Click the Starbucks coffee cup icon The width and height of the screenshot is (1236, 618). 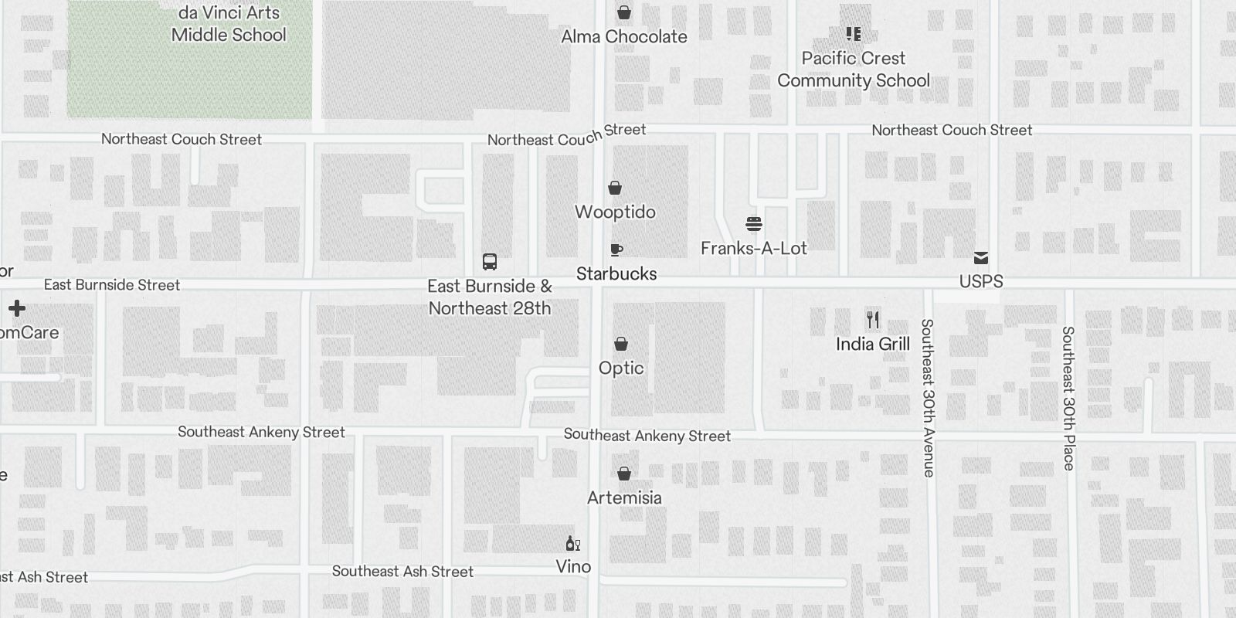tap(616, 250)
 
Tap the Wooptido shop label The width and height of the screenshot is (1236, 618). tap(615, 212)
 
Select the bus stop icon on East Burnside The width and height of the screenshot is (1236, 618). tap(489, 262)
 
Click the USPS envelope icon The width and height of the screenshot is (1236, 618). tap(981, 258)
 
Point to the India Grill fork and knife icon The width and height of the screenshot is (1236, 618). tap(873, 320)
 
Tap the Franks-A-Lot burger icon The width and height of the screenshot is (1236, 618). tap(754, 225)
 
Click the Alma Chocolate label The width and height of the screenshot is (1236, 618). tap(624, 36)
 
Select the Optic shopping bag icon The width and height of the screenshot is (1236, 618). tap(621, 344)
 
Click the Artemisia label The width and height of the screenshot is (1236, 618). tap(624, 497)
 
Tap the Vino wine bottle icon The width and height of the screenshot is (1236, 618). tap(572, 544)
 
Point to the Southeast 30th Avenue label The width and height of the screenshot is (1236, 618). tap(928, 398)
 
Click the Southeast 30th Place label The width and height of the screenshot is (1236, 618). tap(1068, 398)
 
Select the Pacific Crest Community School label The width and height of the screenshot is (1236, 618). tap(854, 70)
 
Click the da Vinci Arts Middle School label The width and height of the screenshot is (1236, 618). tap(229, 24)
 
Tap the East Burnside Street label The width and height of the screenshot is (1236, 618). tap(112, 285)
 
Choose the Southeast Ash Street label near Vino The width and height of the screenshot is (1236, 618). tap(402, 572)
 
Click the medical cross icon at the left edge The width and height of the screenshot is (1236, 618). tap(17, 309)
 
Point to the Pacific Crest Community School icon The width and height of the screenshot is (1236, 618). tap(854, 34)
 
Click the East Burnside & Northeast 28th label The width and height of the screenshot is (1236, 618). tap(490, 297)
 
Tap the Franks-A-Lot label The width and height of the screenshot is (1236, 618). tap(754, 248)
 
